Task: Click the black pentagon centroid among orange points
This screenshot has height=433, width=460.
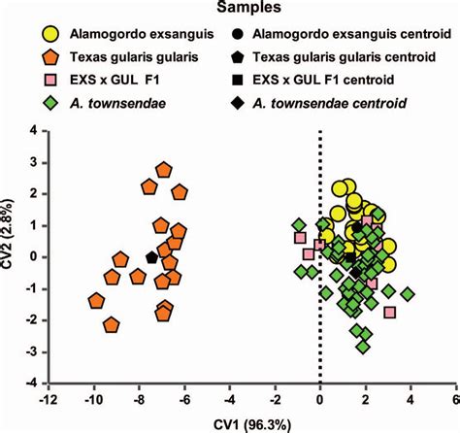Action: point(151,257)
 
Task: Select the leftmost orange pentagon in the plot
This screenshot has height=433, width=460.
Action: point(96,301)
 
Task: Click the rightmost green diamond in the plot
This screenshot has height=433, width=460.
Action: point(408,293)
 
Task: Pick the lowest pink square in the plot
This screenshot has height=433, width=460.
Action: point(390,312)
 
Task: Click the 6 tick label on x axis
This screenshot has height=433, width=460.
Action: point(454,398)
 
